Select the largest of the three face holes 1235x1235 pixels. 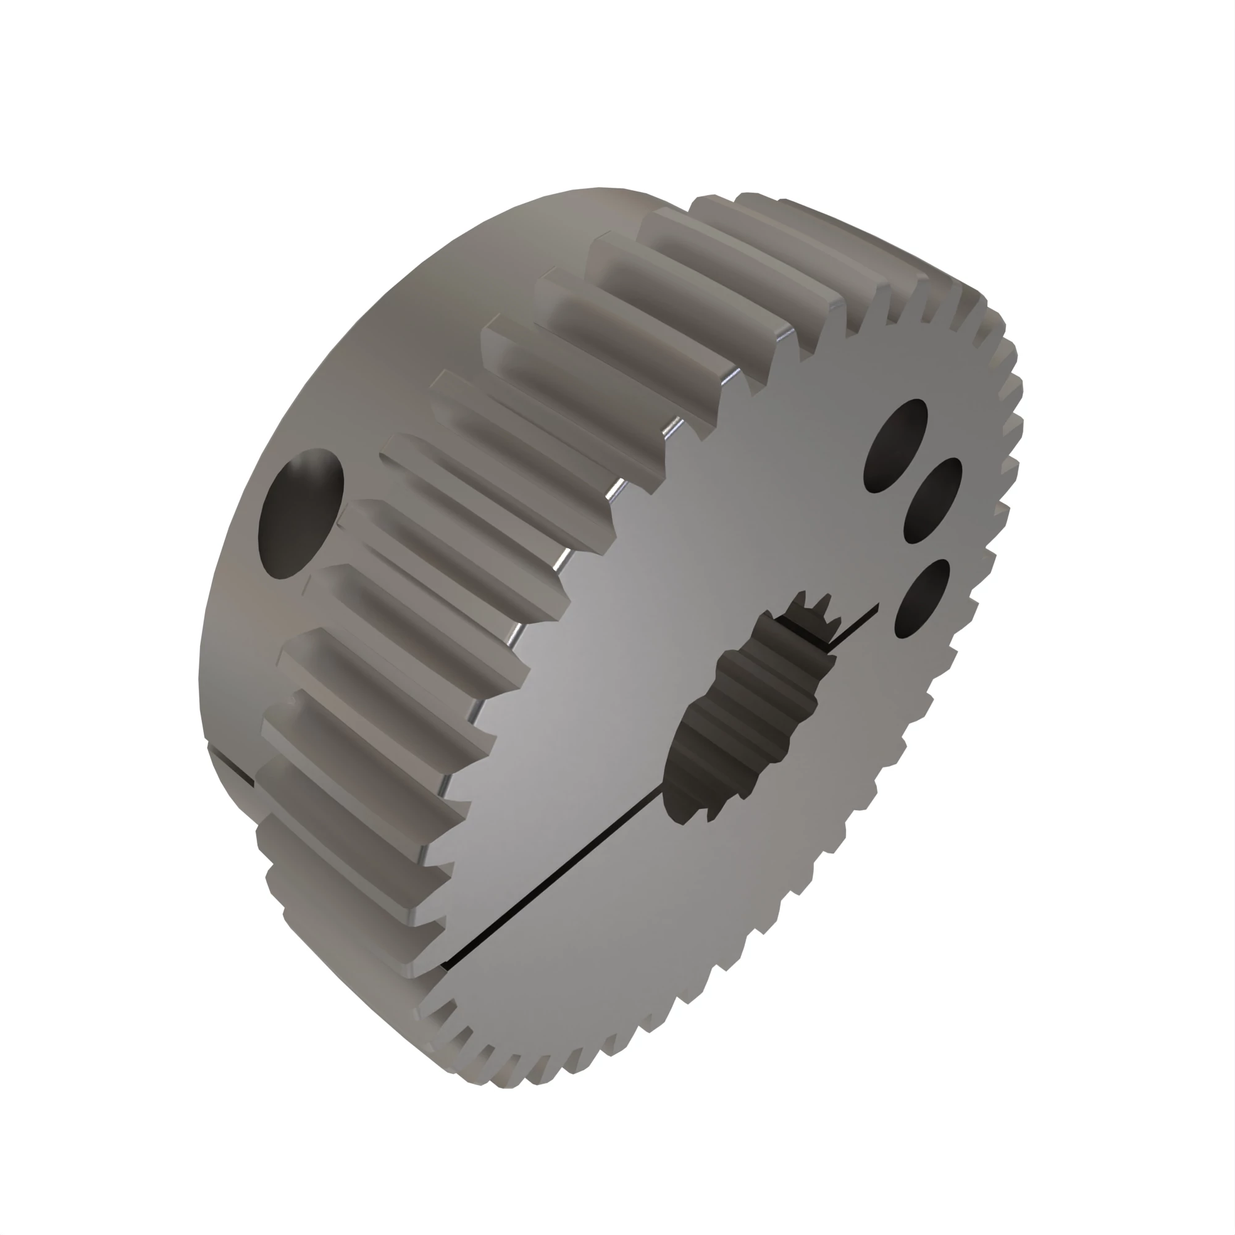pos(895,446)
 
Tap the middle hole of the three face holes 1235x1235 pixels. pos(932,501)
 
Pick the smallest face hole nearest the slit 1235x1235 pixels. pos(923,598)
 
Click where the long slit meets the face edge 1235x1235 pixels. pos(448,966)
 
